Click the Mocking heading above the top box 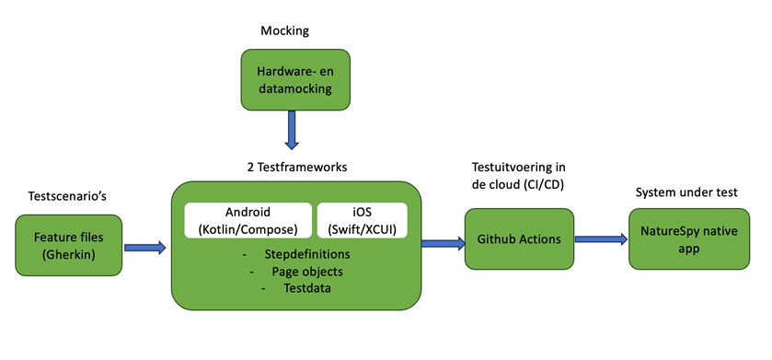(283, 31)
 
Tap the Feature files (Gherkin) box (69, 244)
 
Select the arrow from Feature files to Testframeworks (144, 247)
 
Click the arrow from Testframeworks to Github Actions (442, 243)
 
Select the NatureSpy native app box (685, 238)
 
